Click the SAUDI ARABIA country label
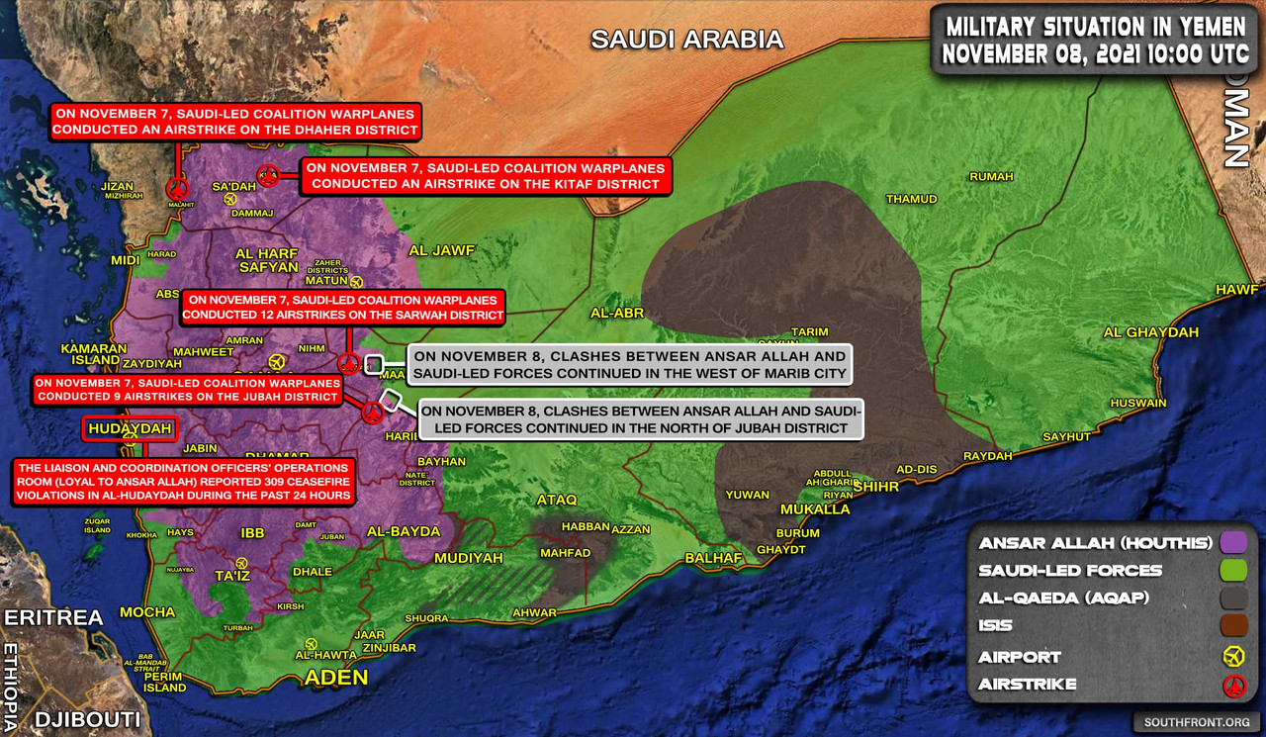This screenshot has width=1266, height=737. coord(686,40)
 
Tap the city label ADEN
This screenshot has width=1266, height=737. coord(335,678)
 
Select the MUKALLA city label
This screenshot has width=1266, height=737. coord(815,509)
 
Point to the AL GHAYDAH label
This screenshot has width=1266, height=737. coord(1150,332)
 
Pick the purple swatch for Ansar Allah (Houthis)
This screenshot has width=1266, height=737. coord(1232,542)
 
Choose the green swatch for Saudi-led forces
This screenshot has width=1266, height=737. coord(1232,570)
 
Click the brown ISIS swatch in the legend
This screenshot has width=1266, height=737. coord(1232,625)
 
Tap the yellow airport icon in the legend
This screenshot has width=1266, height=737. coord(1232,656)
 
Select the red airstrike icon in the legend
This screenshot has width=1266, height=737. coord(1232,685)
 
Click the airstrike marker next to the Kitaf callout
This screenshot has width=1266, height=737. coord(267,176)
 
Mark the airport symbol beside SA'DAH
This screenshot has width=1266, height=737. coord(230,199)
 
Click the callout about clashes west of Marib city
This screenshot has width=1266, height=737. coord(629,365)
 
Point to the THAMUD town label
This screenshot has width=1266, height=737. coord(911,199)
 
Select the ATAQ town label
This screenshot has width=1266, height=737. coord(555,500)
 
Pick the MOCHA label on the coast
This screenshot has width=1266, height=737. coord(147,612)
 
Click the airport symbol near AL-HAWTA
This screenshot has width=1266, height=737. coord(313,643)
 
